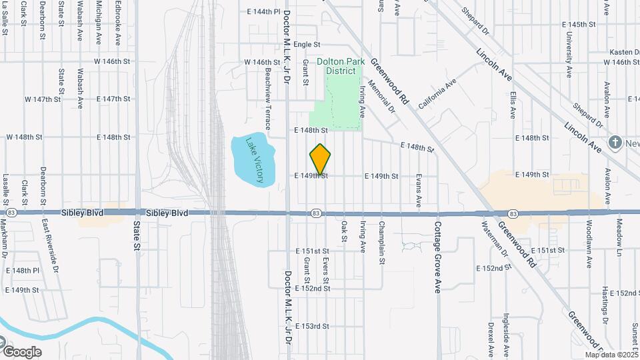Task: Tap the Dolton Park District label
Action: click(x=340, y=67)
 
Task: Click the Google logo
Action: click(x=22, y=351)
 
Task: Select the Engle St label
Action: click(x=307, y=45)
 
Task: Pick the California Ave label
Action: click(x=437, y=94)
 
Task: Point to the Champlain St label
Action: click(x=382, y=243)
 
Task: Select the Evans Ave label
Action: click(x=419, y=191)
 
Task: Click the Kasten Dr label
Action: click(x=624, y=52)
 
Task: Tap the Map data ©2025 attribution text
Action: click(x=611, y=355)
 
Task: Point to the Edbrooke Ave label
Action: click(x=117, y=23)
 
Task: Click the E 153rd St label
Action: click(x=313, y=326)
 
